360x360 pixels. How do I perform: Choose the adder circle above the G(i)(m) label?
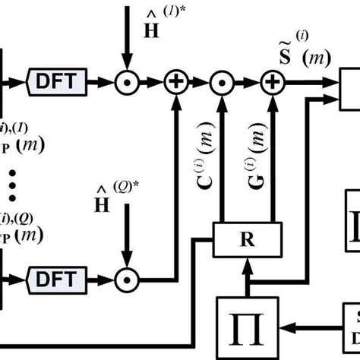[270, 80]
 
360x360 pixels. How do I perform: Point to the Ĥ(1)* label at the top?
[141, 23]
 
